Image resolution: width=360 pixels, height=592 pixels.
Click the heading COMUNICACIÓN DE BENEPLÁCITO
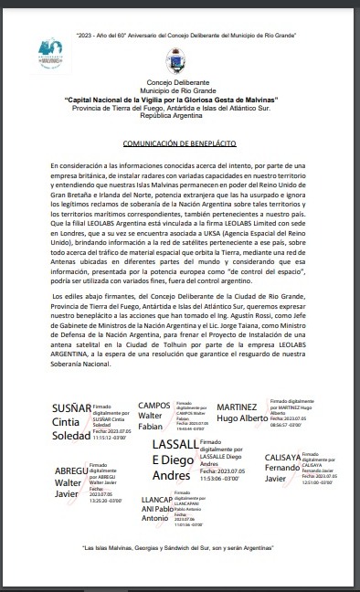pyautogui.click(x=179, y=145)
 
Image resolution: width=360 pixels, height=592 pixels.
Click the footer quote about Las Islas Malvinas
pyautogui.click(x=180, y=548)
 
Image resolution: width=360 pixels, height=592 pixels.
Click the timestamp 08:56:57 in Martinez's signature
pyautogui.click(x=287, y=426)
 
